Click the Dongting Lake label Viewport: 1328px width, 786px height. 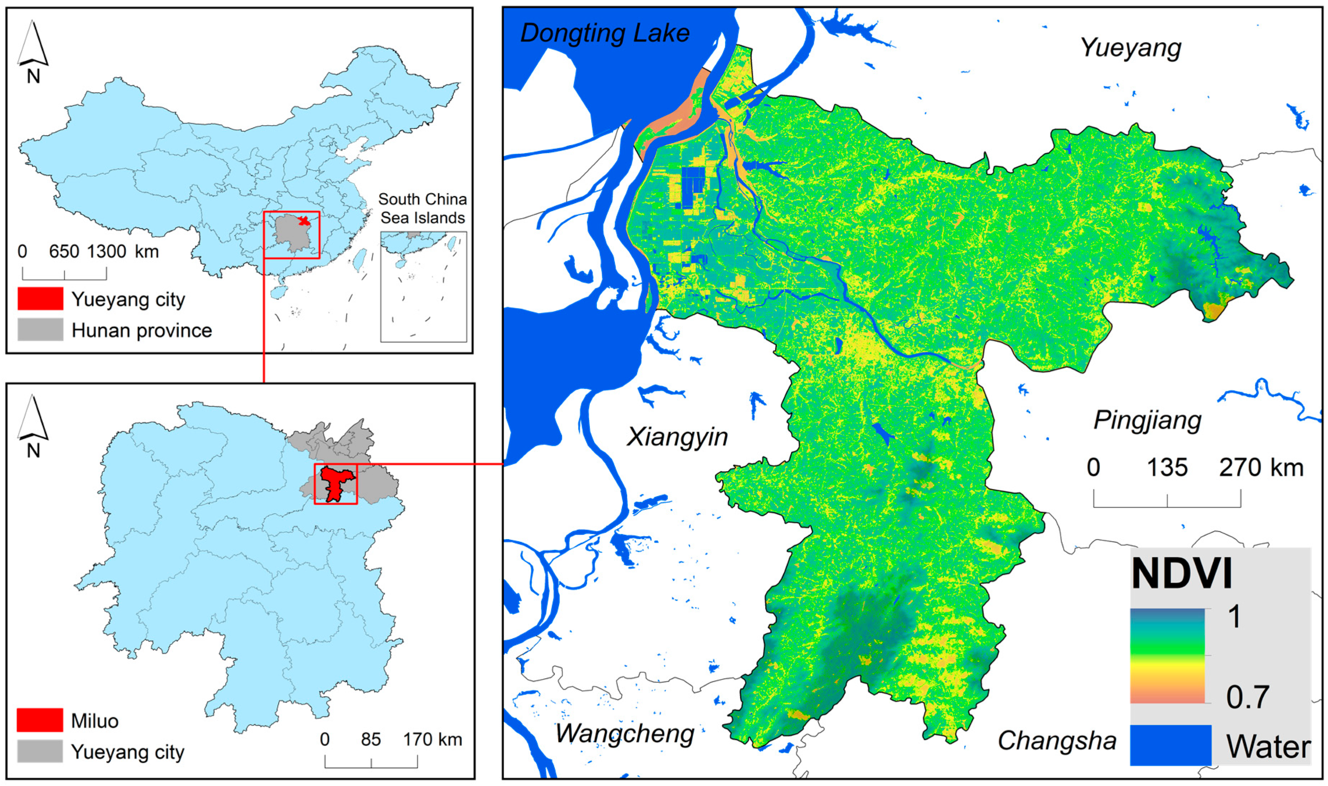[x=605, y=33]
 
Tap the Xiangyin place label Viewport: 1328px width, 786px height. [x=677, y=437]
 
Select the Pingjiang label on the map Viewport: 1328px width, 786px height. [x=1147, y=421]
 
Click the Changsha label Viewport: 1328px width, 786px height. [x=1057, y=740]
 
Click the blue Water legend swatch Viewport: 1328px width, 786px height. [x=1170, y=745]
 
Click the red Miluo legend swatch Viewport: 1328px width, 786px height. [x=40, y=720]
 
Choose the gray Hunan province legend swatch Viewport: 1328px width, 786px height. [x=40, y=330]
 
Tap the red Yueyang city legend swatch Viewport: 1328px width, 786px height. [x=40, y=299]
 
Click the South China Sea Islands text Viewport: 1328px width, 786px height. [x=422, y=208]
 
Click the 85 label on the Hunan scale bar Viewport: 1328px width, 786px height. [x=371, y=739]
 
